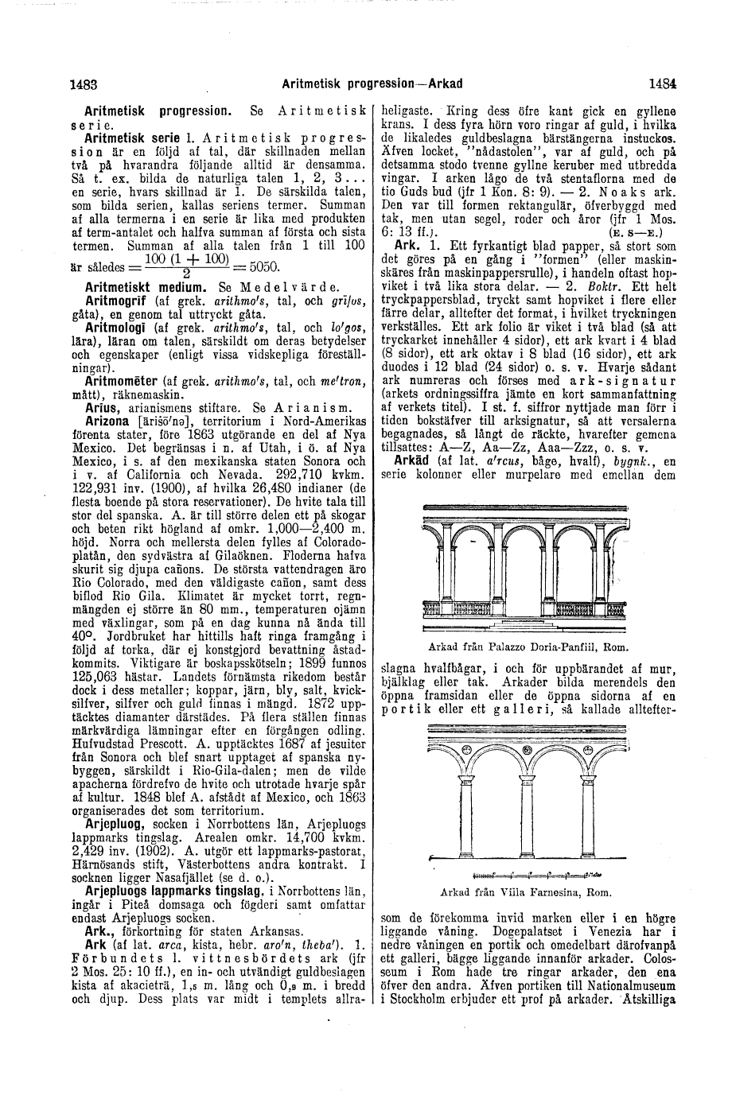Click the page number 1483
pos(83,81)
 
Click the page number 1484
pos(662,81)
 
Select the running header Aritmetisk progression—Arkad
pos(372,81)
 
